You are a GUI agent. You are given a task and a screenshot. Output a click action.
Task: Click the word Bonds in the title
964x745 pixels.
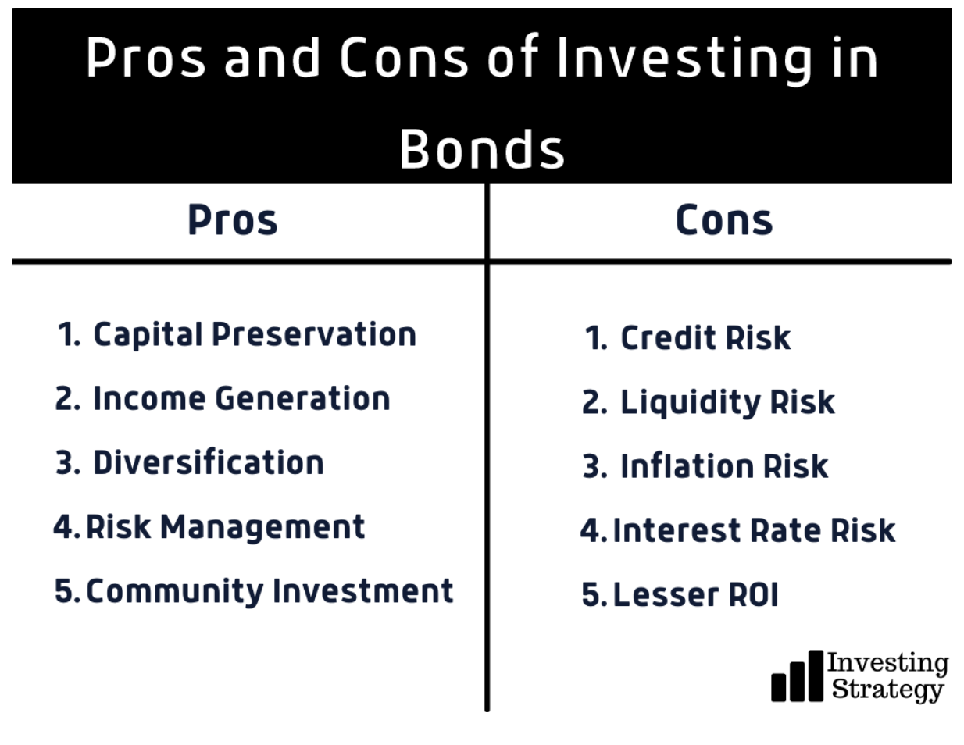[482, 149]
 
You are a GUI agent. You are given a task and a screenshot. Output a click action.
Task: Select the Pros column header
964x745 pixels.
[233, 219]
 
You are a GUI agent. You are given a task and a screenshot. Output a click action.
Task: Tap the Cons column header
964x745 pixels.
[724, 219]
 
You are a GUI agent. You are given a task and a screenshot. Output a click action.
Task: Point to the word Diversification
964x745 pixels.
[209, 462]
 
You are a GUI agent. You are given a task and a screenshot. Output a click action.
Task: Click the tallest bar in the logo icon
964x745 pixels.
[816, 675]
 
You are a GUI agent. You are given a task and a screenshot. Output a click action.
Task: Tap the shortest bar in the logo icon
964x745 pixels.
[779, 688]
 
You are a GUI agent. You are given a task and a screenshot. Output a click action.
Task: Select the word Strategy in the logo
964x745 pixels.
[887, 690]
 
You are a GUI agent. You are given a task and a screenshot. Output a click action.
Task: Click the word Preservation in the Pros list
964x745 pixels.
[314, 334]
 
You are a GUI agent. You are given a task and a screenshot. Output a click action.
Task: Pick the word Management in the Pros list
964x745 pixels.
[262, 527]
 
